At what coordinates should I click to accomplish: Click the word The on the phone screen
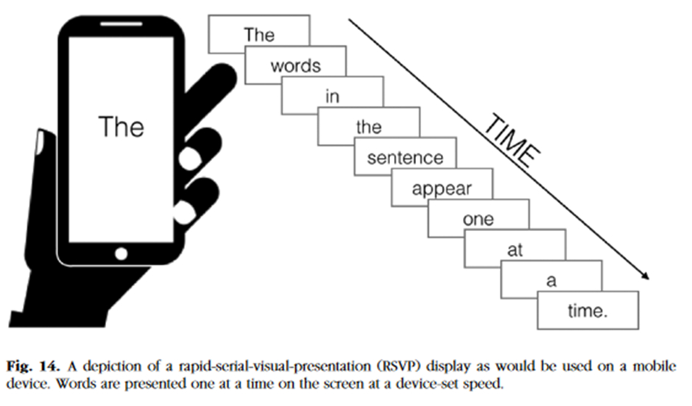coord(121,127)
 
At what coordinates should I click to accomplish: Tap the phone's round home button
coord(121,253)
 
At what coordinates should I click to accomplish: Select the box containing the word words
coord(295,66)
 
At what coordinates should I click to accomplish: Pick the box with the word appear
coord(442,188)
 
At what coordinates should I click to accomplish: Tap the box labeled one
coord(479,219)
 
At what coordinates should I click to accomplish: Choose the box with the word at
coord(515,250)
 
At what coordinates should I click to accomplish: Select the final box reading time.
coord(587,311)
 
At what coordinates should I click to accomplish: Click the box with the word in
coord(332,96)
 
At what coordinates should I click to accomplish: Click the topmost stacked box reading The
coord(258,35)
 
